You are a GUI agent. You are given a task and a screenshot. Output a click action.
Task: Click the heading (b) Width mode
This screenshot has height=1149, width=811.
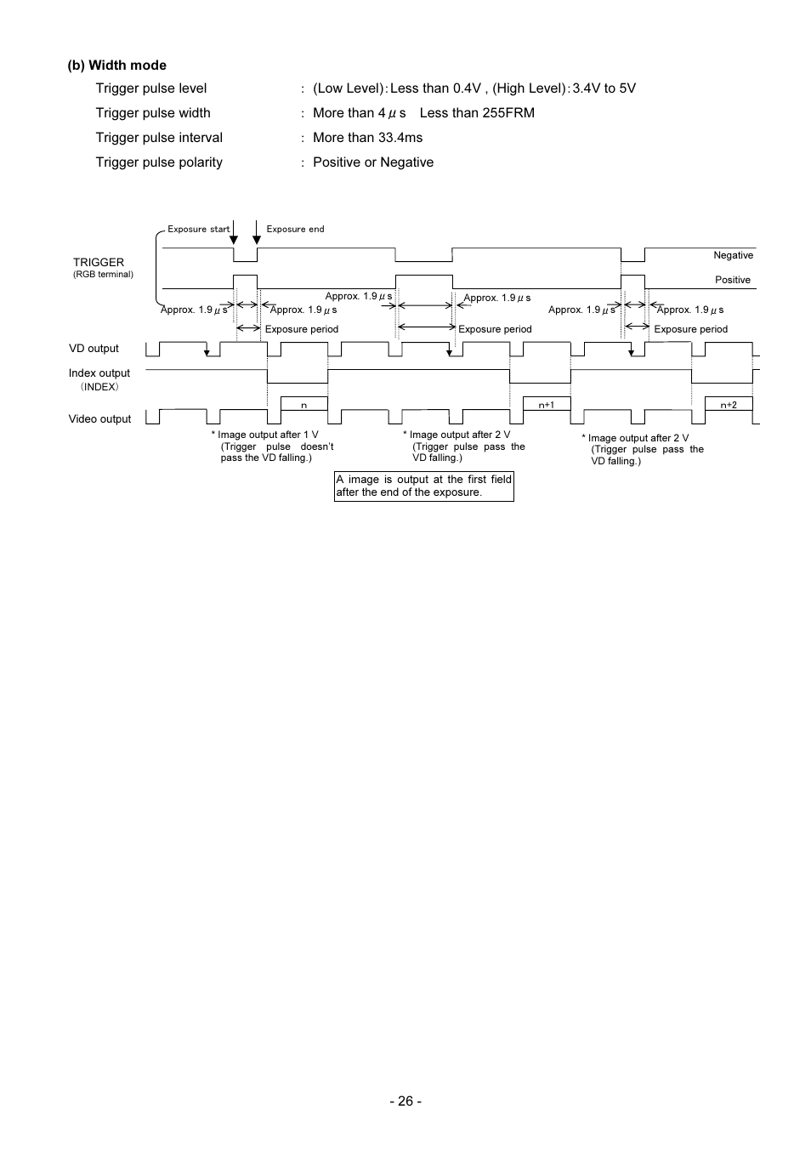coord(116,65)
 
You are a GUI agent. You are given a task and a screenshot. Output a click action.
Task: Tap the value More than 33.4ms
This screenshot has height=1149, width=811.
coord(367,138)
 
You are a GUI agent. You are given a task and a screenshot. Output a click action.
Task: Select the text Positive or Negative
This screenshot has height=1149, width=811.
coord(373,162)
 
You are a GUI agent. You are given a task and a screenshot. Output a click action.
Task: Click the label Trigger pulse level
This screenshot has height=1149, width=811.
coord(151,88)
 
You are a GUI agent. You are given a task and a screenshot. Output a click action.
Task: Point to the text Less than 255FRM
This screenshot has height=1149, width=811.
coord(477,113)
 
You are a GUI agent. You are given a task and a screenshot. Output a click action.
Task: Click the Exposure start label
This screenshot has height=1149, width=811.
coord(198,230)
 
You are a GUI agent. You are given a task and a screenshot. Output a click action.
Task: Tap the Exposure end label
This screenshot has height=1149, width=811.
coord(295,230)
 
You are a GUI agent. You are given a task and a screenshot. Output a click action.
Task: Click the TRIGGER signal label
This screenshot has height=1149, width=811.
coord(99,262)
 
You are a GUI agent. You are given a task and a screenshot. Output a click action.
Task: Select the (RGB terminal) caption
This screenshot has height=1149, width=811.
coord(103,275)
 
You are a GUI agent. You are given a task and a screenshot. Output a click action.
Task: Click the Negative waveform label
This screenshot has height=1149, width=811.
coord(733,255)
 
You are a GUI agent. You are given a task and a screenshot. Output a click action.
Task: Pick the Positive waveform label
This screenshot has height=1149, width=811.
coord(733,280)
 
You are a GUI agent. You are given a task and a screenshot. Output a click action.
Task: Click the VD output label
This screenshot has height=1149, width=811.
coord(94,349)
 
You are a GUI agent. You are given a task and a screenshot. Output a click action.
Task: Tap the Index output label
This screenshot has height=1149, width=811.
coord(99,373)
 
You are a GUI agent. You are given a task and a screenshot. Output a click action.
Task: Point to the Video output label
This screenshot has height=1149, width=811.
coord(100,419)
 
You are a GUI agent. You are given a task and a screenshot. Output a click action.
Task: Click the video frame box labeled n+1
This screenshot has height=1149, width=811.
coord(547,404)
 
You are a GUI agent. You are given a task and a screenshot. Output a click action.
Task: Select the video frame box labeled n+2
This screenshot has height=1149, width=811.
coord(729,404)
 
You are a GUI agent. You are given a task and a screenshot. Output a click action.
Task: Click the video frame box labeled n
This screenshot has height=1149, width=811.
coord(304,404)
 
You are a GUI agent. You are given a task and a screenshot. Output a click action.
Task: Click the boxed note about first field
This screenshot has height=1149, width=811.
coord(424,486)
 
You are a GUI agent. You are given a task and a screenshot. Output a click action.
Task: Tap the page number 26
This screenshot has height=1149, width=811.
coord(405,1101)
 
